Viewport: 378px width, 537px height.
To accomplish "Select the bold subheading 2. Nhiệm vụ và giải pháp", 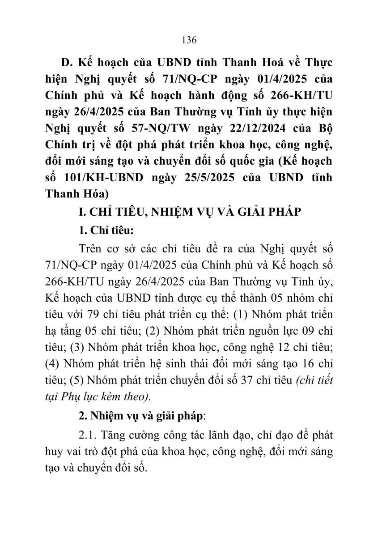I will click(140, 415).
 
